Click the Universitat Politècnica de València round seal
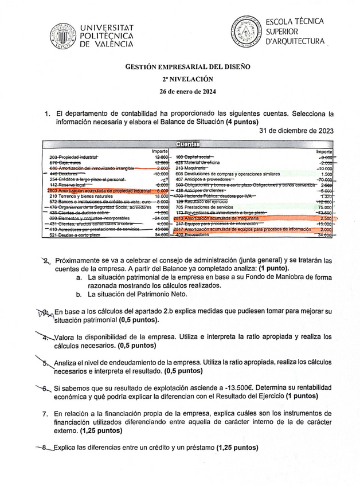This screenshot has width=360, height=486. click(x=62, y=36)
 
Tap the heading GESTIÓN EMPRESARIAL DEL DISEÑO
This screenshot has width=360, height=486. click(x=187, y=66)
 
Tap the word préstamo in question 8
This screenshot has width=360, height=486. click(x=199, y=447)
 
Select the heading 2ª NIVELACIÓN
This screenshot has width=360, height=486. click(x=187, y=79)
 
